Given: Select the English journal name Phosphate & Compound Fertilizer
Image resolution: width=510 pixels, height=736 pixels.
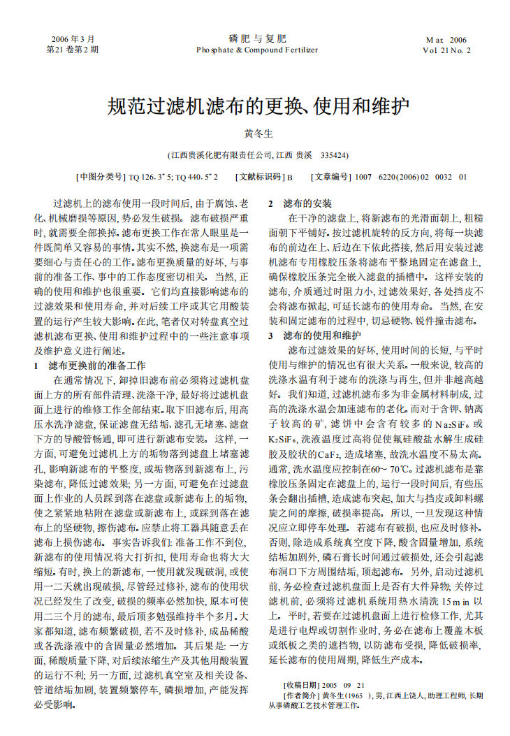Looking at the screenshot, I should point(257,50).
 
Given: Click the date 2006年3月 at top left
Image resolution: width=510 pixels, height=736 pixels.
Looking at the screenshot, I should point(72,39).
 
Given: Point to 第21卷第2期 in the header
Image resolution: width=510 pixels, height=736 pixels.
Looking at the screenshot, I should point(72,50).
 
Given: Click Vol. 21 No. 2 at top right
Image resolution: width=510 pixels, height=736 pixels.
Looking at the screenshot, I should point(446,50).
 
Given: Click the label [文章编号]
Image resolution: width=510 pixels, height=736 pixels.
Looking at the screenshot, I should point(331,178).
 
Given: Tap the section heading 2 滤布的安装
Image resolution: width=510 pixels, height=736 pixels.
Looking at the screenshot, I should point(300,203).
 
